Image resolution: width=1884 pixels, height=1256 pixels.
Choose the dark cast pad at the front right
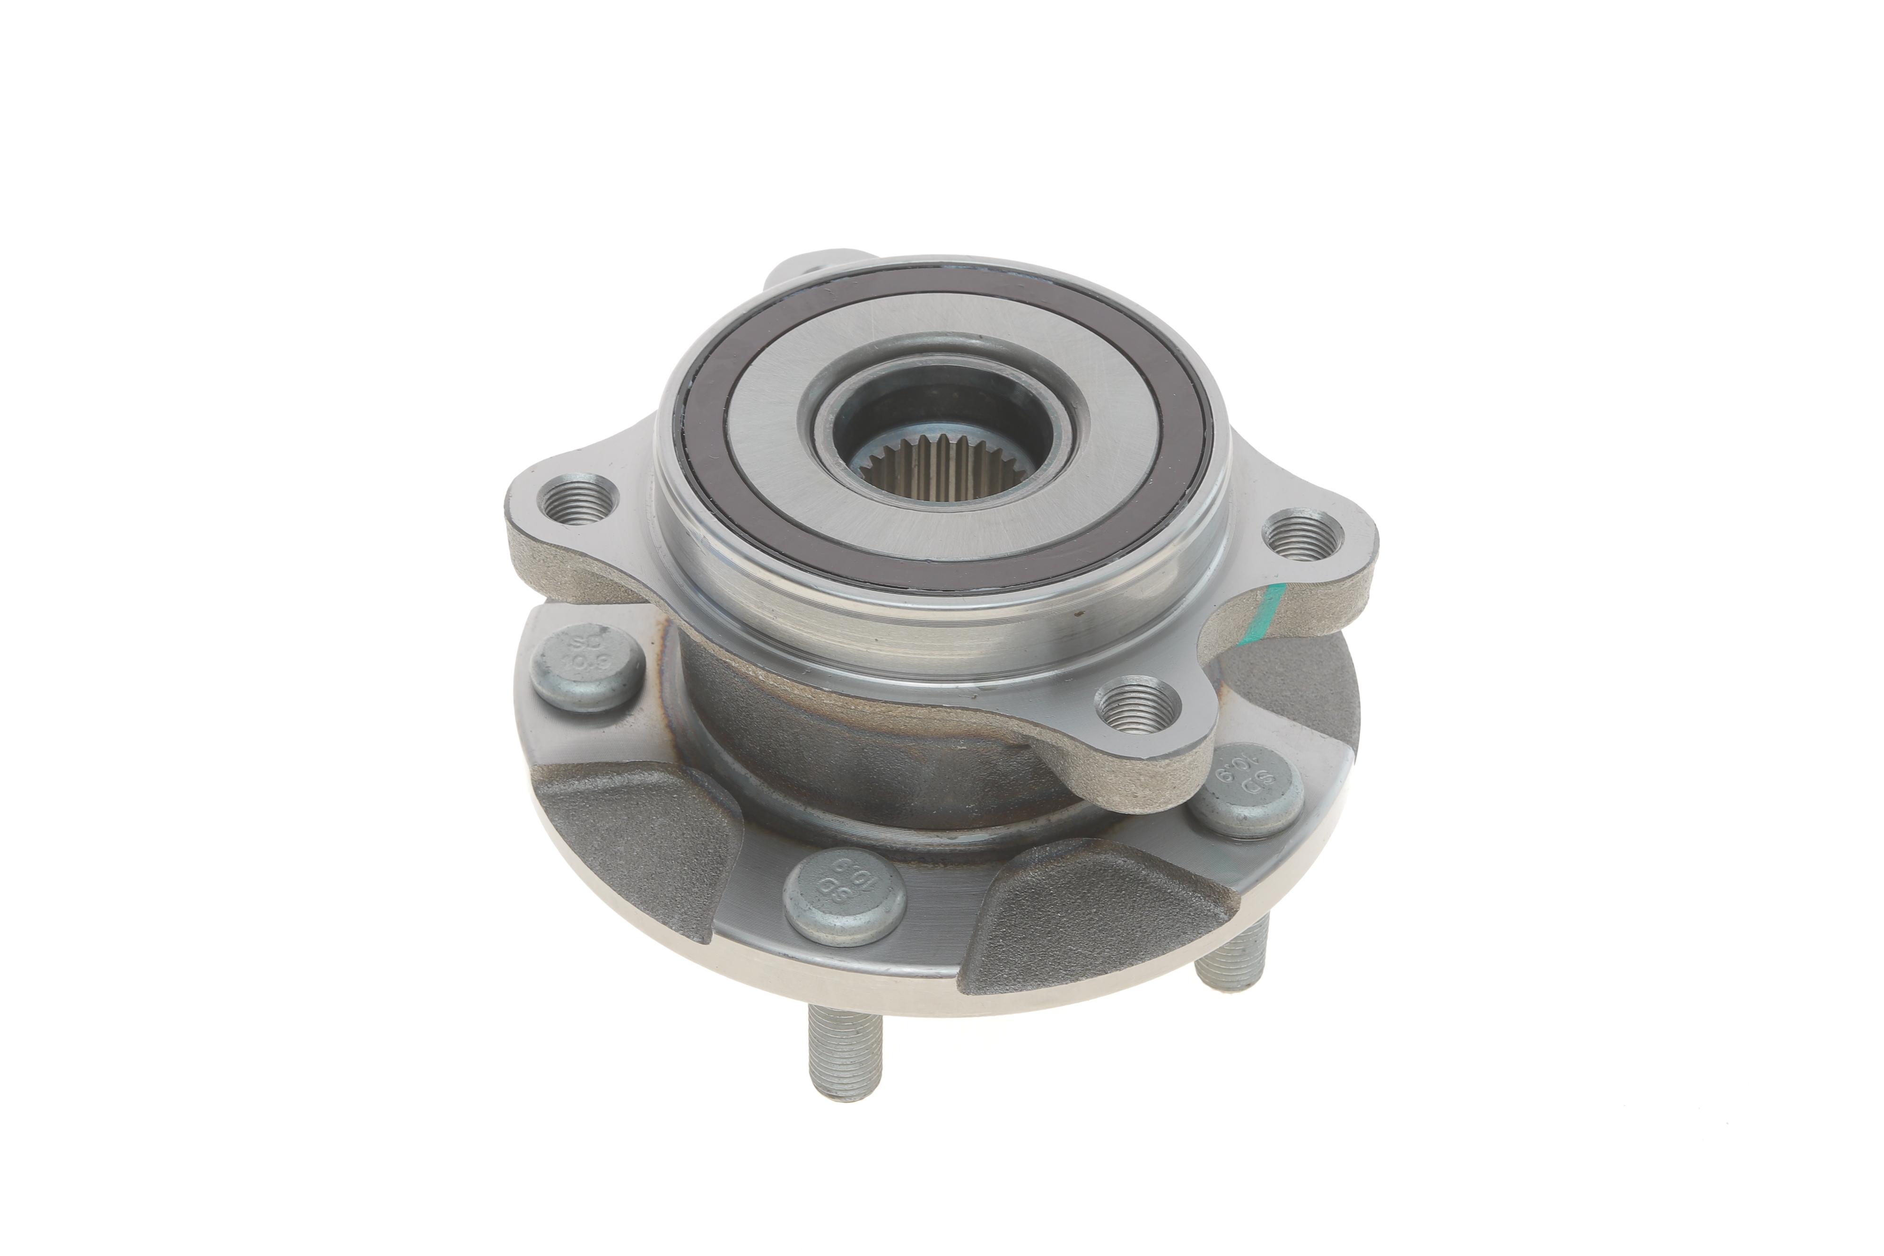pos(1098,921)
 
